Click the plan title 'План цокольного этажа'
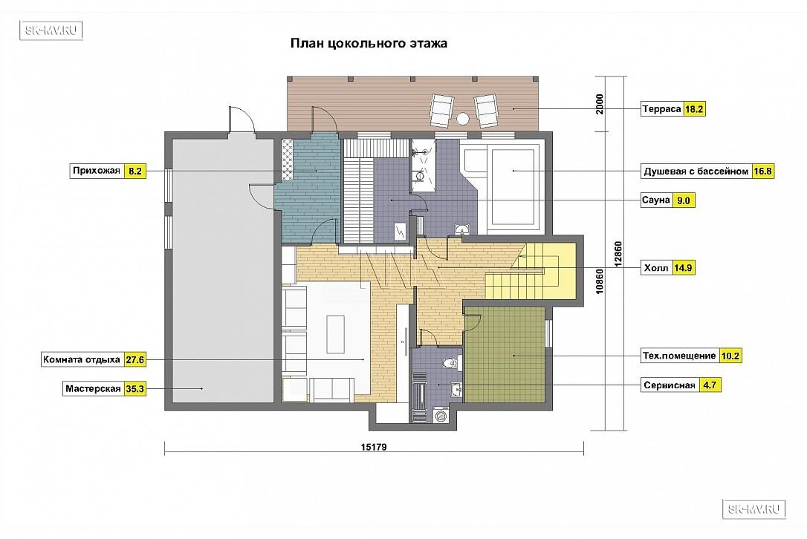point(369,43)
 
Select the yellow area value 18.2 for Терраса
point(694,109)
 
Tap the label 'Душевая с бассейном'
point(696,171)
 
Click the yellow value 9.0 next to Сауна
point(683,200)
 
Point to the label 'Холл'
point(656,268)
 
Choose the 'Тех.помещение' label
point(679,356)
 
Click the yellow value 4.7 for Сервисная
point(710,385)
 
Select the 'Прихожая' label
point(97,171)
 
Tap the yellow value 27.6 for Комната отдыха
point(134,359)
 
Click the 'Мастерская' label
point(93,389)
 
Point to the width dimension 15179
point(374,447)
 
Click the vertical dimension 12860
point(618,254)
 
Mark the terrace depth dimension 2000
point(600,104)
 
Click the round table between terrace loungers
point(463,118)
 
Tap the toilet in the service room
point(450,363)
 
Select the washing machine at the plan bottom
point(441,414)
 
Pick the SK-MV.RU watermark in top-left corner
point(51,30)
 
